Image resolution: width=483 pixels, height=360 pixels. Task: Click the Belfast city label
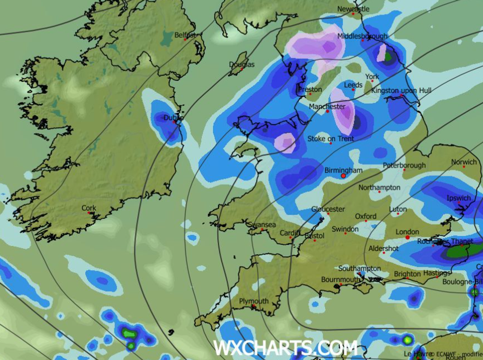tap(185, 35)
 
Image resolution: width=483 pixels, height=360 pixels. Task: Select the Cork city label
tap(89, 208)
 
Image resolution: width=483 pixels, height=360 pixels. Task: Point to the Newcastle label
tap(353, 9)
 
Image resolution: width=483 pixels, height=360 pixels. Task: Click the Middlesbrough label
tap(362, 36)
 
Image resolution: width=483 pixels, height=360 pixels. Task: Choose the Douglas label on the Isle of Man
tap(242, 64)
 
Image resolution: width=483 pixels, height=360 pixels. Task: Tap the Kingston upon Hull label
tap(401, 91)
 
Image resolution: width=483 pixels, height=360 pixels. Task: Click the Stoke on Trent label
tap(330, 139)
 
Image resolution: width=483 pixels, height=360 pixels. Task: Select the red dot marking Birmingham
tap(343, 176)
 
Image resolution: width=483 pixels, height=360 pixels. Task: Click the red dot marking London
tap(407, 238)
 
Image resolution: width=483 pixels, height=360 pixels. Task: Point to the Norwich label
tap(464, 162)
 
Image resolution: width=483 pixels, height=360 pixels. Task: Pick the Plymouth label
tap(254, 301)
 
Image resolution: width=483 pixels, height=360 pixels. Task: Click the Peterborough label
tap(404, 165)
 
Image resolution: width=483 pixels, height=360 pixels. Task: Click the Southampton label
tap(359, 268)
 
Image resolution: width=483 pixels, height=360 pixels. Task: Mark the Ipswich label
tap(458, 198)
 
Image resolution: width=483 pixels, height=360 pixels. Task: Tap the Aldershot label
tap(384, 249)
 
